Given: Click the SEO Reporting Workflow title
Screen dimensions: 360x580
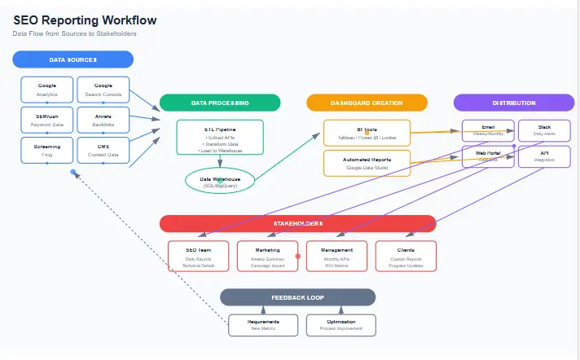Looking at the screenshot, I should (x=86, y=20).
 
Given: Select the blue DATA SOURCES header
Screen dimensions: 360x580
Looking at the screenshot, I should (x=73, y=59).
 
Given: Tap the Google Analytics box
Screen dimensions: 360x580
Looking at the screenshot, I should (x=47, y=90).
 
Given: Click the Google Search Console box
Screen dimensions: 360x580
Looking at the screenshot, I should (x=103, y=90).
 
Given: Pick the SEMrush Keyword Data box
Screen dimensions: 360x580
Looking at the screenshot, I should (x=47, y=121).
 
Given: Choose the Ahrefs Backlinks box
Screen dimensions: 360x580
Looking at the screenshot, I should (x=103, y=121).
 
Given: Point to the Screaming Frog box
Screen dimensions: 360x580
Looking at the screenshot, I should (x=47, y=150).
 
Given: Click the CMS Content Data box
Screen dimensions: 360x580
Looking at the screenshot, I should (x=103, y=150).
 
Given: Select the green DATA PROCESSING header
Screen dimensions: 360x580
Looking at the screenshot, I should (x=220, y=103).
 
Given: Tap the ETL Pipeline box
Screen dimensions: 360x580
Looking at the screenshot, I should (x=220, y=138).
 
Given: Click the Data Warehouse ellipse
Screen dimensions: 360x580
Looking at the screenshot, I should (x=220, y=182).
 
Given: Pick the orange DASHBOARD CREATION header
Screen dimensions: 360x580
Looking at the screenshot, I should (x=367, y=103).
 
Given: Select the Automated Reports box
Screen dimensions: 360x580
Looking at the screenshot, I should (x=367, y=163).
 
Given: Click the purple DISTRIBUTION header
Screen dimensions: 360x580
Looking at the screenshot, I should (x=514, y=103).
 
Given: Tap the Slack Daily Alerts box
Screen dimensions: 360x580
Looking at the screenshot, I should (x=544, y=130).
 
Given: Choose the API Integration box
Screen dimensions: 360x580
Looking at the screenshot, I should (x=544, y=156).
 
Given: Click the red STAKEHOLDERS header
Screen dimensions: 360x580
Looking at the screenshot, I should (x=298, y=223).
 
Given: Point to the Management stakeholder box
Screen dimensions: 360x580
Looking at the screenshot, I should (x=336, y=256).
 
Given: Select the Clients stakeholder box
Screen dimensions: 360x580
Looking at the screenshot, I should (x=406, y=256).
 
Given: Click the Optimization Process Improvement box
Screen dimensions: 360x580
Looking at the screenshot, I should (x=341, y=325).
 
